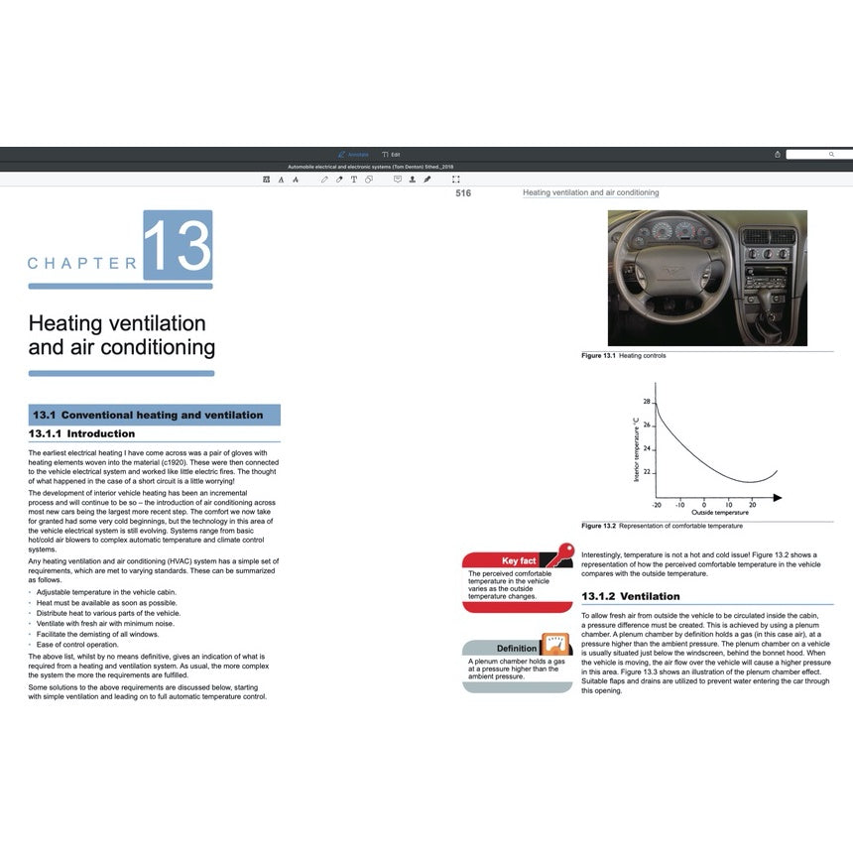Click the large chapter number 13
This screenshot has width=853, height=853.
[x=178, y=245]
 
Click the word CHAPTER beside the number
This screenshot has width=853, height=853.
[x=82, y=264]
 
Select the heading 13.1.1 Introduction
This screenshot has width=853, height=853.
[x=81, y=433]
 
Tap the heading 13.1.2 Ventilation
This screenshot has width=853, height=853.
[x=630, y=596]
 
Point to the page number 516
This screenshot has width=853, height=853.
[x=463, y=193]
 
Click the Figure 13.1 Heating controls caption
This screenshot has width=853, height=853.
[x=624, y=355]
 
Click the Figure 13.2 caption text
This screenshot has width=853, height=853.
[x=662, y=526]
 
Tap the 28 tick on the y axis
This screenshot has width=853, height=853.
[x=647, y=402]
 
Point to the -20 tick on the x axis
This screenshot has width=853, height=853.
[x=657, y=505]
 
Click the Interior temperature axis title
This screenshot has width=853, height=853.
[x=636, y=449]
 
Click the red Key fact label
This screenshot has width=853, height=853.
[x=519, y=561]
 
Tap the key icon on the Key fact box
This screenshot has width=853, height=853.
[x=562, y=553]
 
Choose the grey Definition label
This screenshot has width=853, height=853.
[x=517, y=649]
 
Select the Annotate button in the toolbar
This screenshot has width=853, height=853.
[x=353, y=155]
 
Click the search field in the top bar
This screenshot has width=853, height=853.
[x=818, y=155]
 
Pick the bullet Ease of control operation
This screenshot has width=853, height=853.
[x=77, y=645]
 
